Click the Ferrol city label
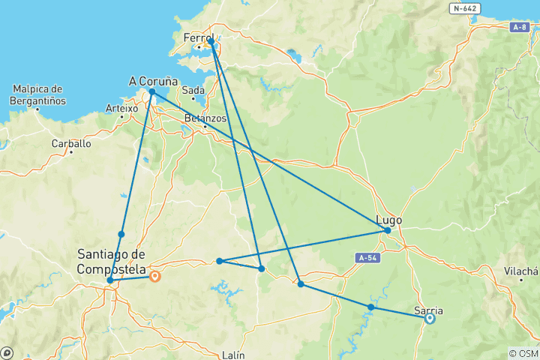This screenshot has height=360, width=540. pos(199,37)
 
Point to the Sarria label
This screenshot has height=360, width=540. pos(428,310)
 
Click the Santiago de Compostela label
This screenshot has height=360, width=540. pos(111,259)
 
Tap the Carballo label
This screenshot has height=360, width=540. pos(71,143)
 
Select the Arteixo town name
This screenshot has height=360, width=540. pos(121,108)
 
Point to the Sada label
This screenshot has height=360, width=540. pos(193,91)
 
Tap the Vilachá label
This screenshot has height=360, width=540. pos(521,271)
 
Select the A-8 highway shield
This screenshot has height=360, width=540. pos(520,27)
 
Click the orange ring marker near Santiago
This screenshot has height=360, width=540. pos(154,276)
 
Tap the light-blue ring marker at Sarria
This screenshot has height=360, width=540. pos(430,318)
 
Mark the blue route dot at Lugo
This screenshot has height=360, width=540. pos(388,230)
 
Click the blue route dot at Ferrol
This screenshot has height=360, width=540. pos(212,43)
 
